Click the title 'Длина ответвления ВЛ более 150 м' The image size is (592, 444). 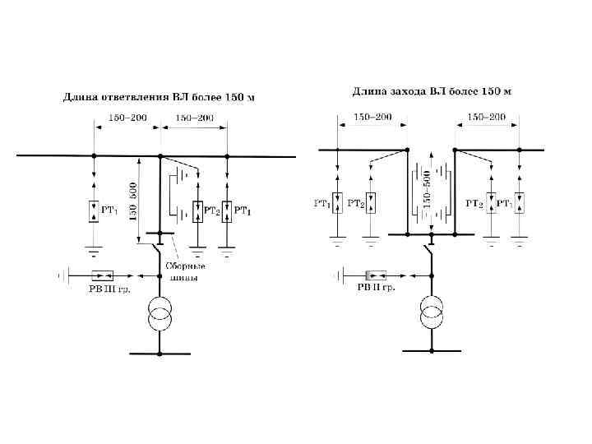160,98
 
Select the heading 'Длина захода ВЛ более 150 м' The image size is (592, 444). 432,90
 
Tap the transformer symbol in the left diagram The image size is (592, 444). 160,315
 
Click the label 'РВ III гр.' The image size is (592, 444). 109,289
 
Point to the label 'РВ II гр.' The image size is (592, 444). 376,289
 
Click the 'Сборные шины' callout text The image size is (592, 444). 186,271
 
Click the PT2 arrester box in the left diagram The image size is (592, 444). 197,212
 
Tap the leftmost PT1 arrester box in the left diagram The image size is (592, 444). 94,212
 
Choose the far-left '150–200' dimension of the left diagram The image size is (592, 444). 127,118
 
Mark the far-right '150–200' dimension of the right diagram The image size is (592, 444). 487,118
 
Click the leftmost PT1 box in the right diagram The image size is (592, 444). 338,202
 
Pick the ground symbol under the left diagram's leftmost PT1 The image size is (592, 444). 94,247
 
